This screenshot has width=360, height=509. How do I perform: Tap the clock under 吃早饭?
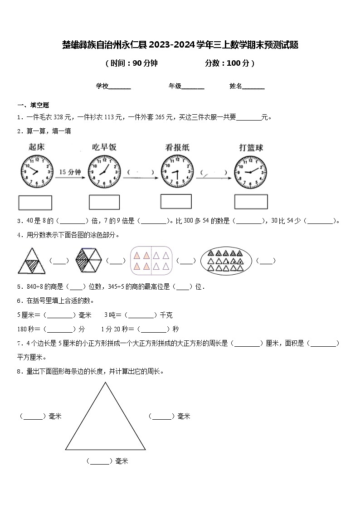(x=104, y=172)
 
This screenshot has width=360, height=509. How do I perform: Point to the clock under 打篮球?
(x=251, y=172)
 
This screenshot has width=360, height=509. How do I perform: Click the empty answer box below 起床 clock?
(x=35, y=203)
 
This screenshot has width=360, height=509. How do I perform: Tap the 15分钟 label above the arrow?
(x=70, y=172)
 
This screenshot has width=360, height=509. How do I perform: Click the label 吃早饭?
(x=104, y=147)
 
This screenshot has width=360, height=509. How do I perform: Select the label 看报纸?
(x=177, y=147)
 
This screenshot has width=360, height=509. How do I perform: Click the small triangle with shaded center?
(x=31, y=262)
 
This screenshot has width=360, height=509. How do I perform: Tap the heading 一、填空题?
(x=33, y=105)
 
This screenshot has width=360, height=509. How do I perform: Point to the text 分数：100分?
(x=229, y=63)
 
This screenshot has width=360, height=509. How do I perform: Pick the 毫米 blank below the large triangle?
(x=99, y=461)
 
